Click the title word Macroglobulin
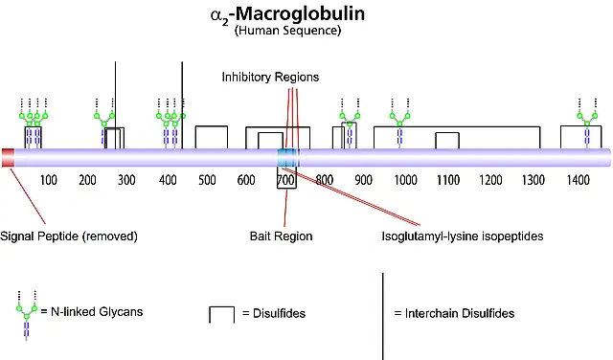coord(300,14)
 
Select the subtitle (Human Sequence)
coord(287,30)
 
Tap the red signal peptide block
coord(9,158)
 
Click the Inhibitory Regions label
coord(270,77)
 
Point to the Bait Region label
coord(281,236)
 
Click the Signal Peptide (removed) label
coord(69,236)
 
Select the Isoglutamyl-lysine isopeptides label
coord(463,236)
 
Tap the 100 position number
coord(49,180)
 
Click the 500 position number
coord(207,180)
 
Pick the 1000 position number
coord(405,180)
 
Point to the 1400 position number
coord(578,180)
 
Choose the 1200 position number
coord(490,180)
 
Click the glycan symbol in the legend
coord(27,316)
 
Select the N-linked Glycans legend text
coord(97,311)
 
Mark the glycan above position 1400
coord(587,124)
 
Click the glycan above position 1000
coord(399,124)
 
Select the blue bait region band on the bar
coord(288,158)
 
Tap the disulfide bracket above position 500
coord(212,126)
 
